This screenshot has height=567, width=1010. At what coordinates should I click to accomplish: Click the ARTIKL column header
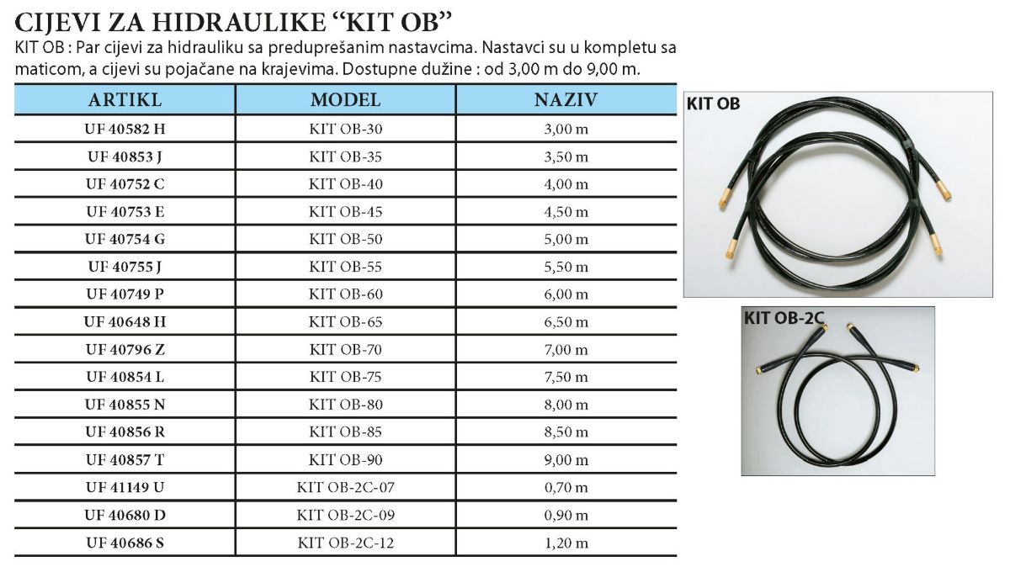[125, 100]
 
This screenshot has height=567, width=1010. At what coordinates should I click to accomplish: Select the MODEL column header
[345, 100]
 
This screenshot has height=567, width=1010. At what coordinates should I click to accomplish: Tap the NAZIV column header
[566, 100]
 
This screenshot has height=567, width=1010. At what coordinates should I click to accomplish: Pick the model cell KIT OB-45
[345, 211]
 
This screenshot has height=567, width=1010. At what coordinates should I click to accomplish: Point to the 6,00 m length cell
[566, 294]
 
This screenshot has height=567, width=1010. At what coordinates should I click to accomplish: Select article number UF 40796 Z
[125, 349]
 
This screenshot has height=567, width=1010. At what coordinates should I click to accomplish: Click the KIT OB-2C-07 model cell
[345, 487]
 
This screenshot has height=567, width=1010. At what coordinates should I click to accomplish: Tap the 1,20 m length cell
[566, 543]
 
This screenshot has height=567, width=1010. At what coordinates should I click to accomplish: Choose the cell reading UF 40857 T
[125, 459]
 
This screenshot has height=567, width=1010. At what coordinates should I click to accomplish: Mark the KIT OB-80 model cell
[345, 405]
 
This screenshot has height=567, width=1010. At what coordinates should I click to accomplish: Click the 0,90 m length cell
[566, 515]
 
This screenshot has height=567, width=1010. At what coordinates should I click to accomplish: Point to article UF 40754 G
[125, 239]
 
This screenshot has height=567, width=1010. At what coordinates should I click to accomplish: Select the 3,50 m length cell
[566, 156]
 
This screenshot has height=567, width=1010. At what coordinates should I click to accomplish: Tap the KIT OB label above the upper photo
[713, 104]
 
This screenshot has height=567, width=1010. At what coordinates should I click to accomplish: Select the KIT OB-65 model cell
[345, 321]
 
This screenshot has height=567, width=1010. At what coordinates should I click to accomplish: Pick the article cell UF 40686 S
[125, 543]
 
